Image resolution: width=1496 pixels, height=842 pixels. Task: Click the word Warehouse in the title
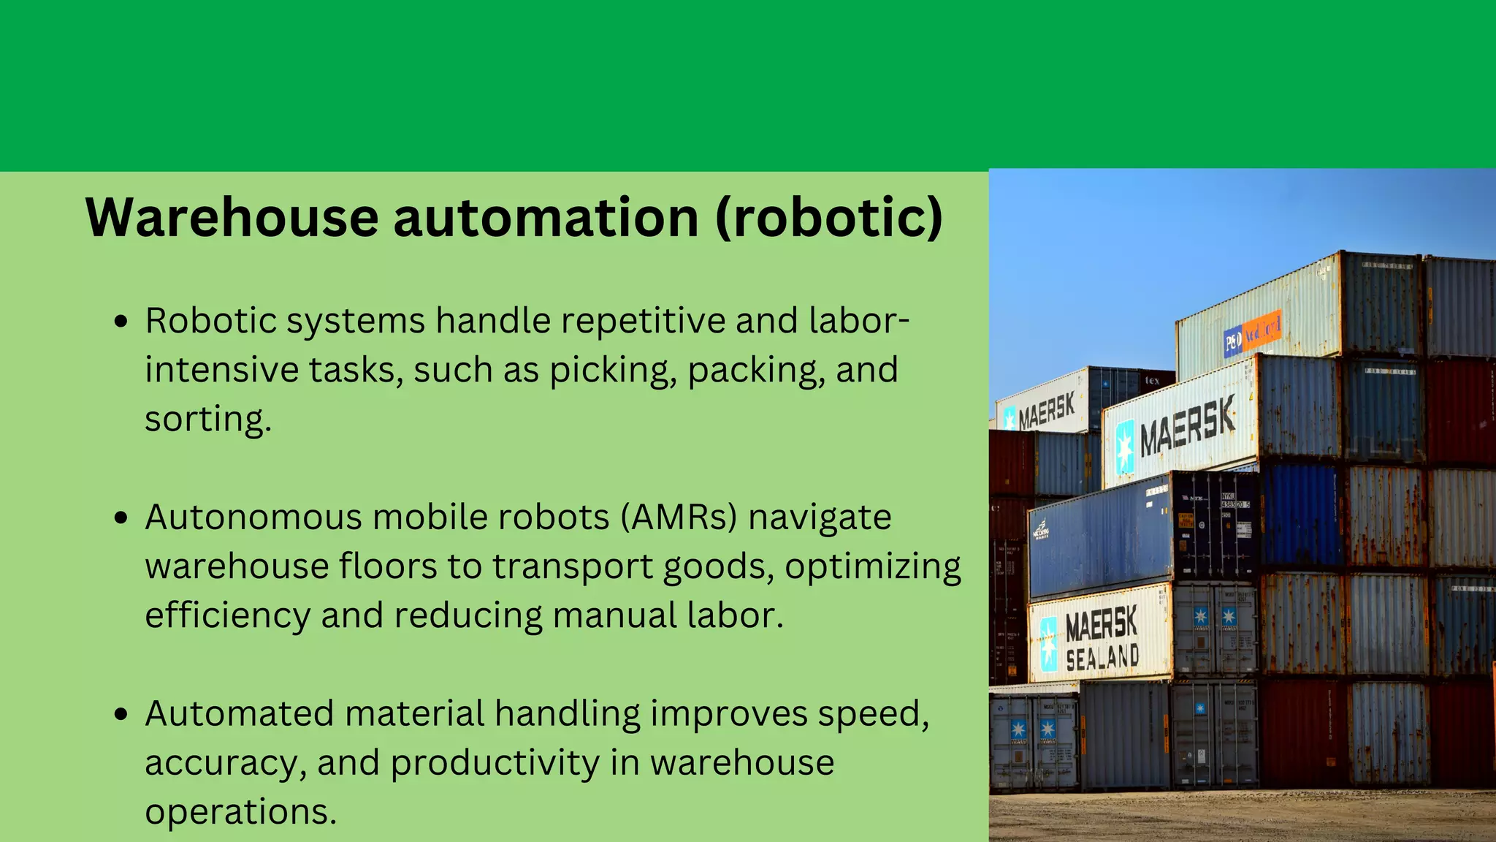pyautogui.click(x=232, y=217)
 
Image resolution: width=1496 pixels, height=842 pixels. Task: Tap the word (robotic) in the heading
pyautogui.click(x=828, y=217)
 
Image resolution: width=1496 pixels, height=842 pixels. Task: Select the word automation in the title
pyautogui.click(x=546, y=217)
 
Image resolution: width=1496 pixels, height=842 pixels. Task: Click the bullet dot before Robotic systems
pyautogui.click(x=121, y=321)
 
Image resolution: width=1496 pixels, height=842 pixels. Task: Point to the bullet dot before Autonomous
pyautogui.click(x=121, y=517)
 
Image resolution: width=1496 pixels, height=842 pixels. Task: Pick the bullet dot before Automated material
pyautogui.click(x=121, y=714)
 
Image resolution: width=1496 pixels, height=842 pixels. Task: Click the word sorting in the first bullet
pyautogui.click(x=207, y=420)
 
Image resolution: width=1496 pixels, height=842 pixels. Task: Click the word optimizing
pyautogui.click(x=873, y=567)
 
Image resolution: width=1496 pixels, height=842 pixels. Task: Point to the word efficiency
pyautogui.click(x=227, y=615)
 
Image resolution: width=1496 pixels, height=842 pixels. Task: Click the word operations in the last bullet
pyautogui.click(x=240, y=812)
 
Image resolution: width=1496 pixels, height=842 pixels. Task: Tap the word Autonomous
pyautogui.click(x=253, y=517)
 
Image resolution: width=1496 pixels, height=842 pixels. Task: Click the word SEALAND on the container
pyautogui.click(x=1102, y=657)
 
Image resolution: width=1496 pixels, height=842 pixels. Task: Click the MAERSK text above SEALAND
pyautogui.click(x=1101, y=624)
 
